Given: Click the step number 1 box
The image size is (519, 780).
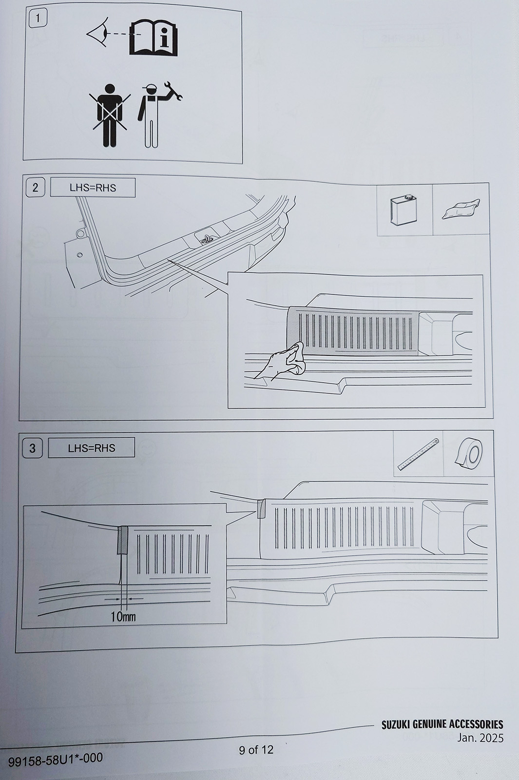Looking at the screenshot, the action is pos(38,19).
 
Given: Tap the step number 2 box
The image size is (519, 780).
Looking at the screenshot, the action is pos(35,188).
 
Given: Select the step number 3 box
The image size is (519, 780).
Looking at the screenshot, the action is pos(32,448).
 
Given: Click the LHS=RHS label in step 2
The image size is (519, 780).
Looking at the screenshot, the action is pos(93,188).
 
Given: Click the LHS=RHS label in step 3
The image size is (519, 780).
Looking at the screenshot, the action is pos(92,448).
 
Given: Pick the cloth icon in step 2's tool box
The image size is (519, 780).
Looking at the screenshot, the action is pos(461,209).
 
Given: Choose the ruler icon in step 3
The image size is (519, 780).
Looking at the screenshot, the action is pos(418,455).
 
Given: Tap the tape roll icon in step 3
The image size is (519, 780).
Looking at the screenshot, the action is pos(468,453).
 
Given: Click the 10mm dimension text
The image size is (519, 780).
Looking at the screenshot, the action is pos(123,617).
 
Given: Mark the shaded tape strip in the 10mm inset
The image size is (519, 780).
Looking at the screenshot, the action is pos(122,540).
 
